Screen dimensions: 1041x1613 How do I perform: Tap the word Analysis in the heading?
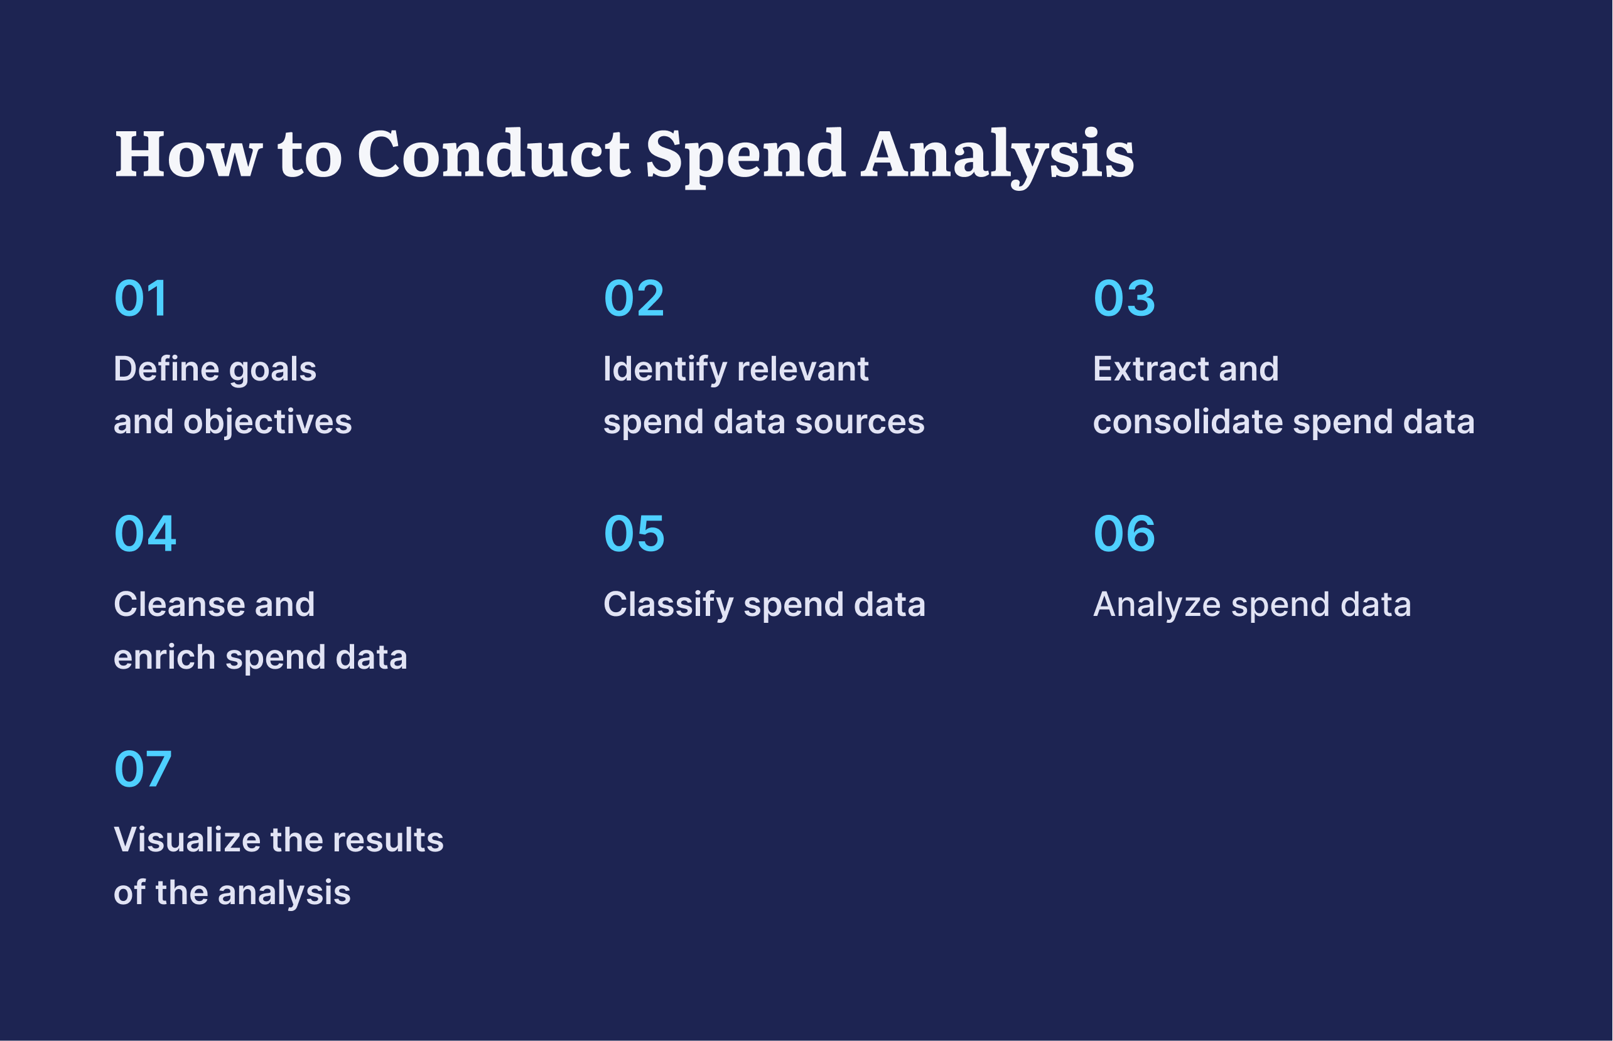tap(997, 156)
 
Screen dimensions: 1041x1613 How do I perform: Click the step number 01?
tap(141, 298)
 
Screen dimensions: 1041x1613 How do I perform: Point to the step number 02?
tap(634, 298)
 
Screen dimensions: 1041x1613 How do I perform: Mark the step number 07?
tap(143, 769)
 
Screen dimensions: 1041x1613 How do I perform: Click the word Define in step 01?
tap(166, 369)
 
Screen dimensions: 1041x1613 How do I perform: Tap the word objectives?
tap(267, 422)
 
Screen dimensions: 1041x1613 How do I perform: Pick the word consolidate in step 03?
tap(1188, 422)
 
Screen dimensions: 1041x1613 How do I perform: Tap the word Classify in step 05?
tap(668, 605)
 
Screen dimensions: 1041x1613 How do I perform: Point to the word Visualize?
tap(186, 840)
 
